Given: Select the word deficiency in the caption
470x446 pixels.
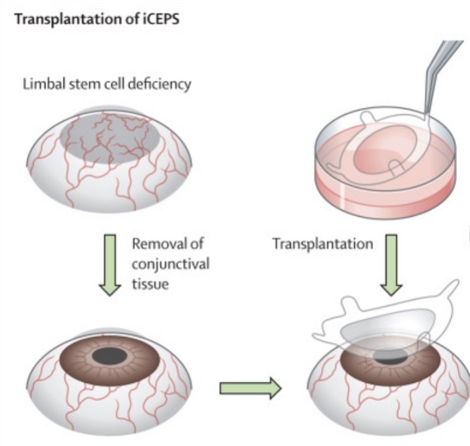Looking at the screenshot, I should [163, 84].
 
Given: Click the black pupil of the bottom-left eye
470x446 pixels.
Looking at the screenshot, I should [110, 356].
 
